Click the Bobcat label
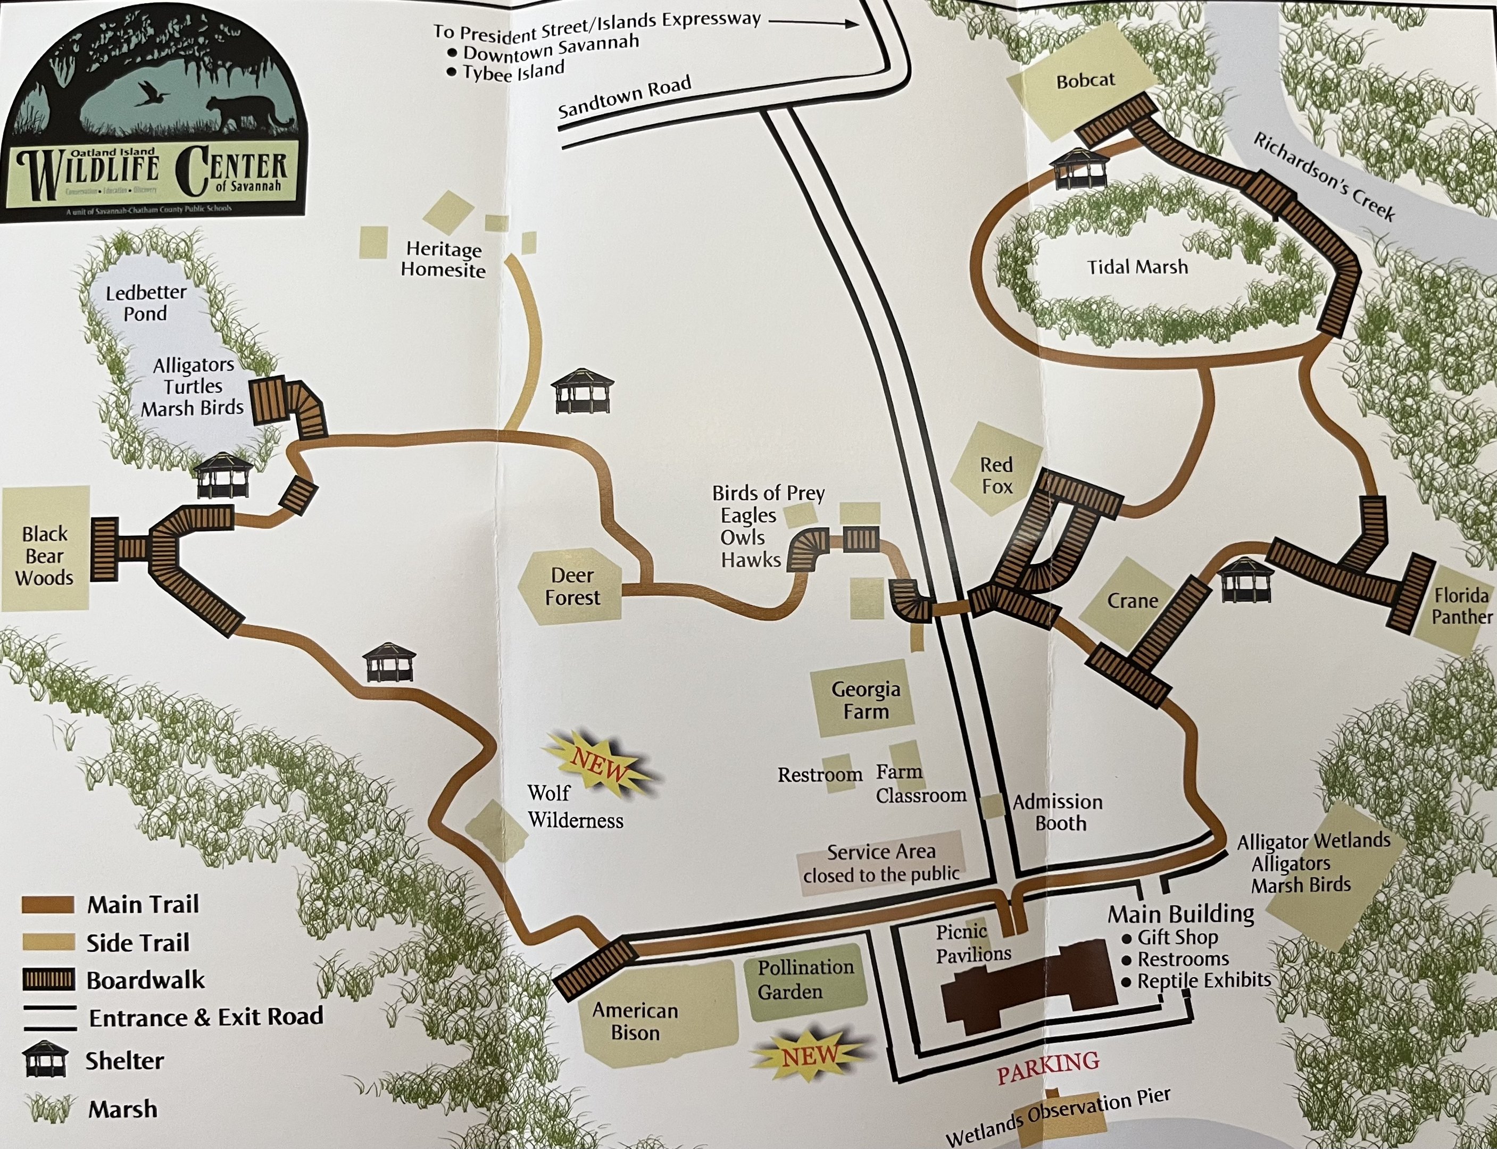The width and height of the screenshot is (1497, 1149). (1085, 81)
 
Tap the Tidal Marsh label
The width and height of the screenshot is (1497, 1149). (1137, 266)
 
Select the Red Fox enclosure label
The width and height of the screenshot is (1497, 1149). (996, 476)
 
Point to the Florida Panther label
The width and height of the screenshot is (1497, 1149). (1462, 606)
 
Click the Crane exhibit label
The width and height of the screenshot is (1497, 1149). (1133, 601)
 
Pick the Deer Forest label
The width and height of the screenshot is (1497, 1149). (572, 586)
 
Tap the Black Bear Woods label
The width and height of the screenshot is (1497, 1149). (45, 556)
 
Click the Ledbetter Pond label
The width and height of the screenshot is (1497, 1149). (146, 303)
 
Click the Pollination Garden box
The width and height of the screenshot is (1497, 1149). (805, 979)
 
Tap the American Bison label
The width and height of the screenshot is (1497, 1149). (635, 1021)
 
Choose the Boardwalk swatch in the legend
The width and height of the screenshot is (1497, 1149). (48, 980)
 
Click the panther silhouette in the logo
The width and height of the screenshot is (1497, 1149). (243, 113)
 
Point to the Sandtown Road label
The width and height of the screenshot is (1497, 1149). (625, 98)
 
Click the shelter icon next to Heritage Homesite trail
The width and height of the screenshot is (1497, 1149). (582, 390)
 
